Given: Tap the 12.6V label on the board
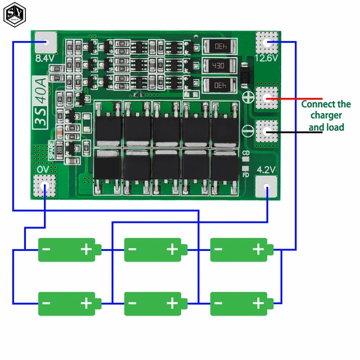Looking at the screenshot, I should click(267, 57).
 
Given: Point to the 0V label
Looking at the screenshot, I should click(43, 169).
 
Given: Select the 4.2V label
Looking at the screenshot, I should click(266, 169).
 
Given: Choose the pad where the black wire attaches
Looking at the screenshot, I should click(267, 130).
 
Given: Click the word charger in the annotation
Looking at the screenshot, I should click(325, 116).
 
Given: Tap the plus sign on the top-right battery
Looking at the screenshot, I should click(258, 249).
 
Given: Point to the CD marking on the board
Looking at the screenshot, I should click(245, 153).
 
